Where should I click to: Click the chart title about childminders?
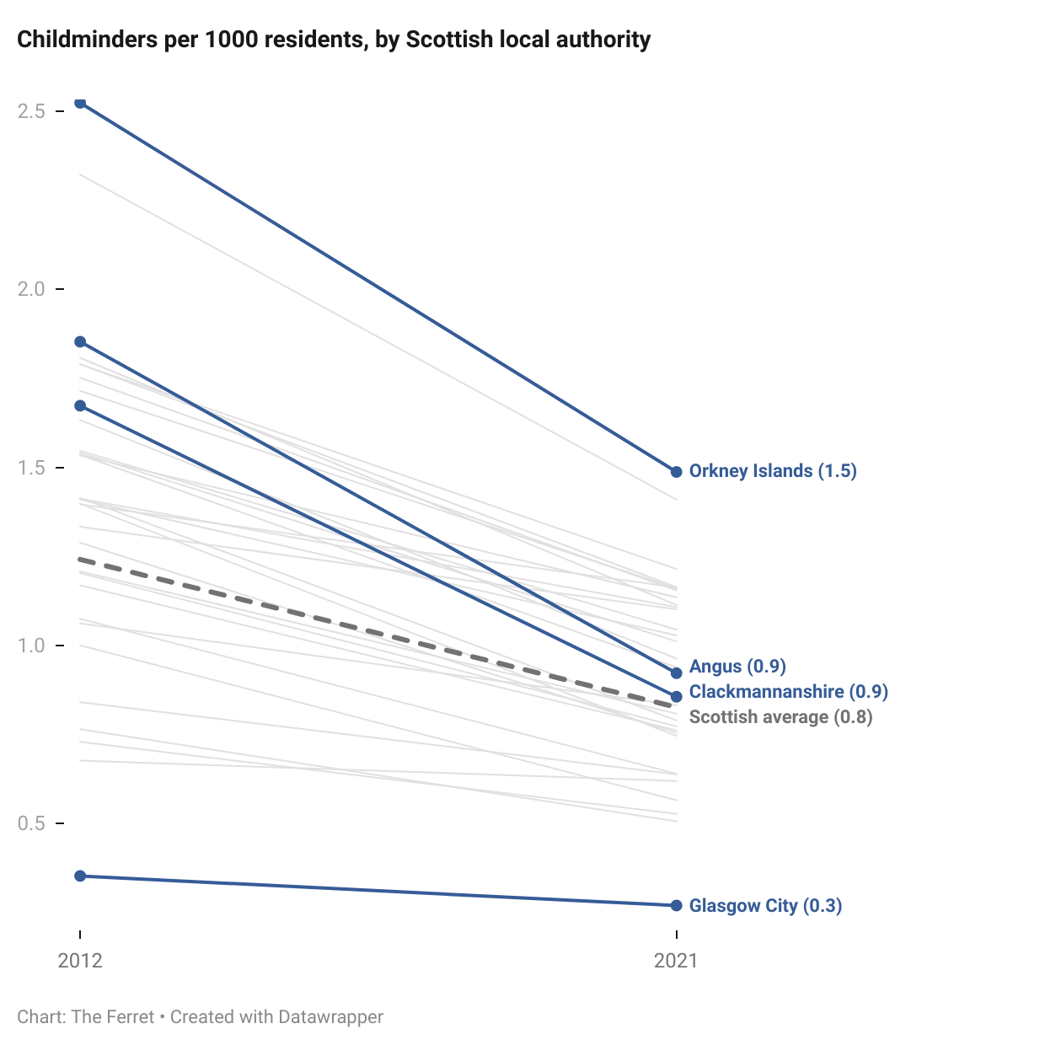[334, 40]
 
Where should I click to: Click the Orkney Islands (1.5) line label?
[773, 471]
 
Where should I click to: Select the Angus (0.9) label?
[737, 667]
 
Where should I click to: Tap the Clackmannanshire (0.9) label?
[789, 692]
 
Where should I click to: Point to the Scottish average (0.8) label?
[780, 717]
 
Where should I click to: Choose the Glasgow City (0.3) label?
[765, 906]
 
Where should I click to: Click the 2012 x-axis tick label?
[80, 961]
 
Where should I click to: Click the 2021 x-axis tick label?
[676, 961]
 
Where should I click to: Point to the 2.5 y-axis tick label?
[31, 111]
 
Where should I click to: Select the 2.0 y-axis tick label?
[31, 289]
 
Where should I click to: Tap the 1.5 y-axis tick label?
[31, 468]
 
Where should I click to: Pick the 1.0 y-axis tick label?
[31, 646]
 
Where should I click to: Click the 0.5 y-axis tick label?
[31, 823]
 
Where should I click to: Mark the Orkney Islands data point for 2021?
[676, 472]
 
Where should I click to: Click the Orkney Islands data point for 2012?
[80, 103]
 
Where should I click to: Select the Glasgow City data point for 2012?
[80, 876]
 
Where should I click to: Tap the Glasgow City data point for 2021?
[676, 906]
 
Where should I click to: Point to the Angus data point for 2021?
[676, 673]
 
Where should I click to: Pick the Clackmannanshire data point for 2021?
[676, 697]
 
